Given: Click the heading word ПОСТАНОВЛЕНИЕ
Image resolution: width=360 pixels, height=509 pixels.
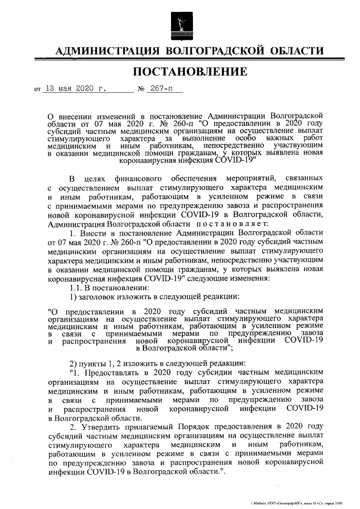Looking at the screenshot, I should click(190, 71).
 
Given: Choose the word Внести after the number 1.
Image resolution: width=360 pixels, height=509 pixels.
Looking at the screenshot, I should click(92, 232).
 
